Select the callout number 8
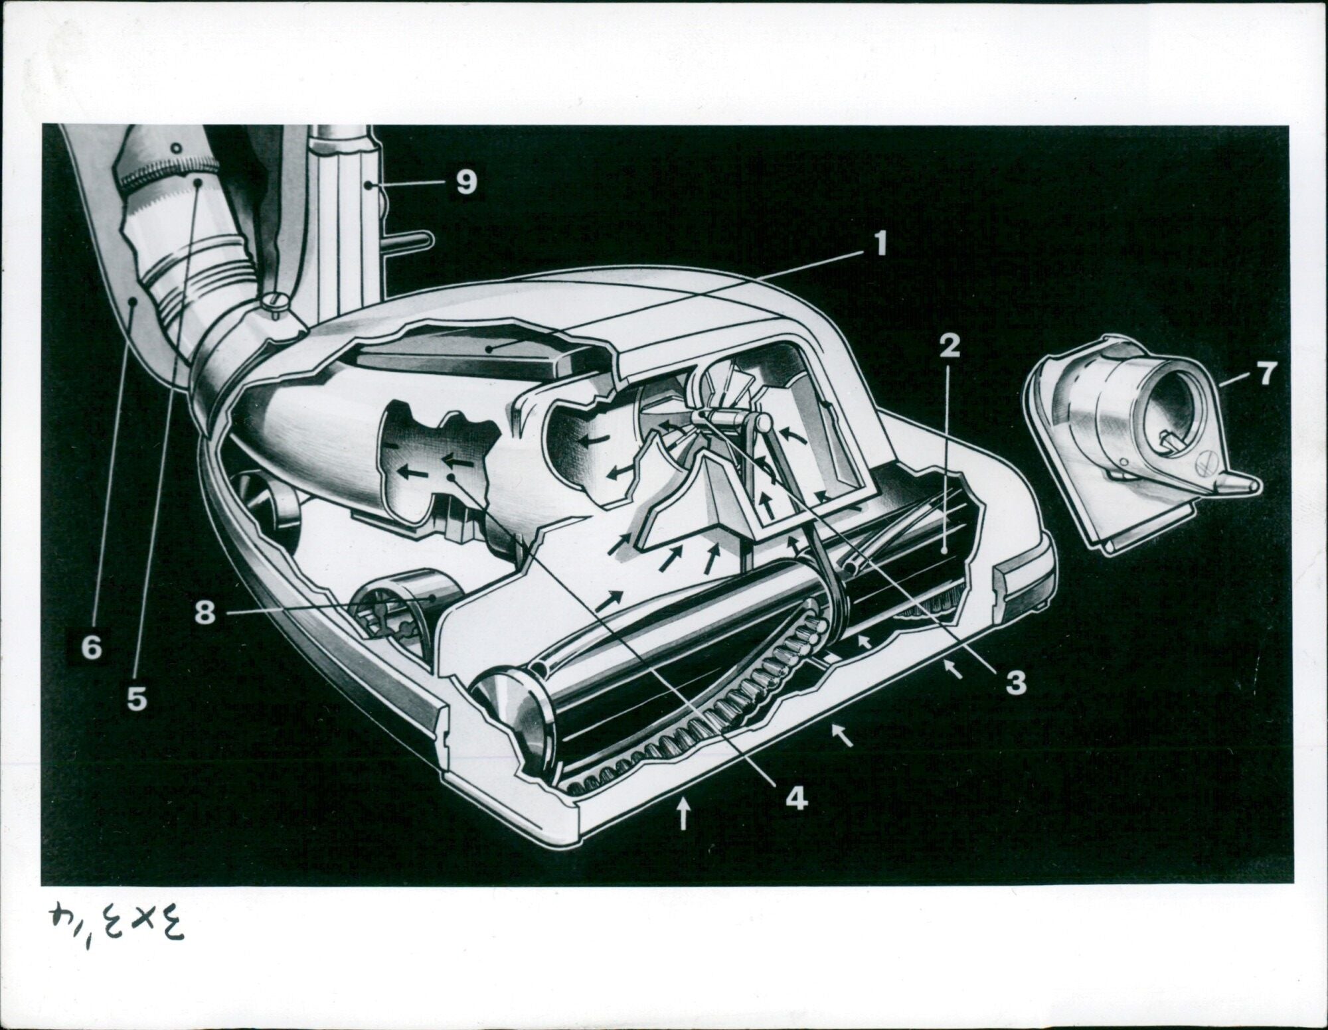click(205, 613)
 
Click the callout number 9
click(466, 181)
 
